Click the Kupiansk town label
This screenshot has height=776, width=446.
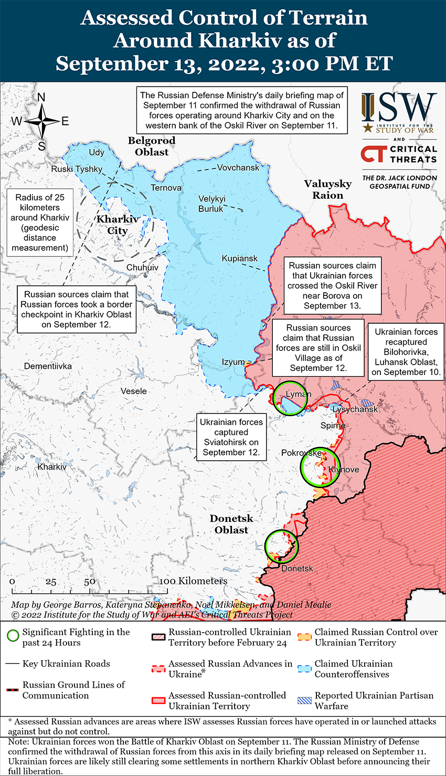[239, 259]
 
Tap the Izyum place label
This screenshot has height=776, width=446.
[233, 362]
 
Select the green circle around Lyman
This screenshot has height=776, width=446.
[290, 399]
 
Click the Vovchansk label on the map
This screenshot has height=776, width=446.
[238, 167]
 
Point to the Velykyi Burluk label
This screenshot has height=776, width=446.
[212, 204]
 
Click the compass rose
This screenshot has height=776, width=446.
[41, 121]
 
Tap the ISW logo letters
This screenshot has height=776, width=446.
[399, 108]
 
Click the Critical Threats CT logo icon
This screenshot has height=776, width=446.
[374, 154]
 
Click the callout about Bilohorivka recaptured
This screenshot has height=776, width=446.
[406, 352]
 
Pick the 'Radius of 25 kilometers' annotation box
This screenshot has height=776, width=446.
[40, 222]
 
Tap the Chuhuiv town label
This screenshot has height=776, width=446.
[142, 268]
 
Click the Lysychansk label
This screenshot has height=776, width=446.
[355, 409]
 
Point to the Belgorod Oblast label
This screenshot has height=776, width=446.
[152, 146]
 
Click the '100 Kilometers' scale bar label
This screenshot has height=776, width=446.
[194, 581]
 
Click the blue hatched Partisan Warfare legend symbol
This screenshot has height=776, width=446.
[304, 700]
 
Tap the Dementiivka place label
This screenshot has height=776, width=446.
[48, 366]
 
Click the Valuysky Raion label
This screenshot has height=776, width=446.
[328, 189]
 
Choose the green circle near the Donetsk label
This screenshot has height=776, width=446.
[281, 546]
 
